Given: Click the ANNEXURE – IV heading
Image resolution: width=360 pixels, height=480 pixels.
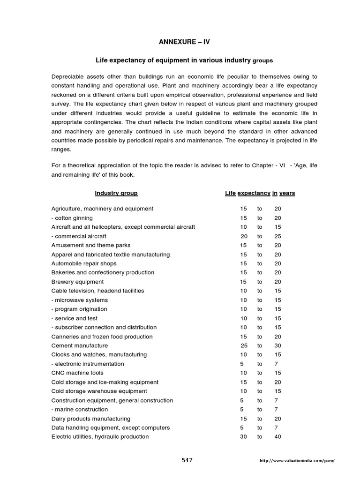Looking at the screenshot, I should click(x=184, y=42).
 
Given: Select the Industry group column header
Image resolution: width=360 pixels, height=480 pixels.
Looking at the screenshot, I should click(x=116, y=193).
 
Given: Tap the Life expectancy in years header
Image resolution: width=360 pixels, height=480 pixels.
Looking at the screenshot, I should click(x=260, y=193).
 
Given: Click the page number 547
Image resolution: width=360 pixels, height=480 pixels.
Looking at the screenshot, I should click(x=187, y=460).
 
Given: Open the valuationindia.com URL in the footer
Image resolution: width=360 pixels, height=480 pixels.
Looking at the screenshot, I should click(x=297, y=461).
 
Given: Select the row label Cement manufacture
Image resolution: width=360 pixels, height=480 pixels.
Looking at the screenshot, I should click(x=79, y=345).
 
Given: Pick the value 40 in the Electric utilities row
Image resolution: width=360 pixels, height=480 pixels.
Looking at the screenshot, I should click(x=277, y=436).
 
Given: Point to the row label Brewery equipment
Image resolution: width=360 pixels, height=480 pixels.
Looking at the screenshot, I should click(x=77, y=282).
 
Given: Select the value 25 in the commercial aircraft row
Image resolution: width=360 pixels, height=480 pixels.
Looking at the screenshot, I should click(x=277, y=236).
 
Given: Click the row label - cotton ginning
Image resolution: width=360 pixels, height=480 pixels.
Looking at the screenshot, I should click(x=72, y=218).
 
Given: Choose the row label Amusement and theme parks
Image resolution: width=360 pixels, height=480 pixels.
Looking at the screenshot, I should click(x=91, y=245).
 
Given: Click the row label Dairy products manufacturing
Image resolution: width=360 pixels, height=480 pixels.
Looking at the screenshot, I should click(x=91, y=419).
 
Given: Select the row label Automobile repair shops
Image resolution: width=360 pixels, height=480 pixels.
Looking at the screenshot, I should click(x=84, y=263).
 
